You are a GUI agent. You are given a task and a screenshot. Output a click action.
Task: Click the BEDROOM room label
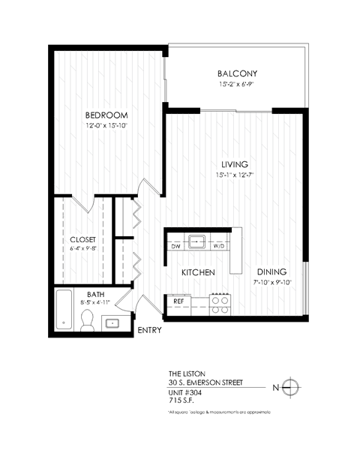pyautogui.click(x=106, y=115)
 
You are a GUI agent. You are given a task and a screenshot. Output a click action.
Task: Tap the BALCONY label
pyautogui.click(x=237, y=73)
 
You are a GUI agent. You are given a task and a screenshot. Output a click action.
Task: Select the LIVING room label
pyautogui.click(x=234, y=165)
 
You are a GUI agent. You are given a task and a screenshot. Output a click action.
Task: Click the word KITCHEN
pyautogui.click(x=198, y=271)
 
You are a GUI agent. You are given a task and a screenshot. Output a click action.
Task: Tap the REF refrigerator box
pyautogui.click(x=178, y=302)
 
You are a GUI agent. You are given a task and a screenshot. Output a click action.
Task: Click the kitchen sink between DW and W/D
pyautogui.click(x=198, y=241)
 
